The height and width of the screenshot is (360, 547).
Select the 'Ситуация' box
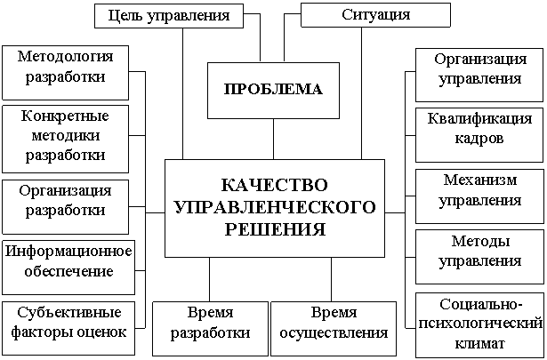click(376, 15)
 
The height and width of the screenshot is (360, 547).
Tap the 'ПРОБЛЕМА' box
click(267, 90)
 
